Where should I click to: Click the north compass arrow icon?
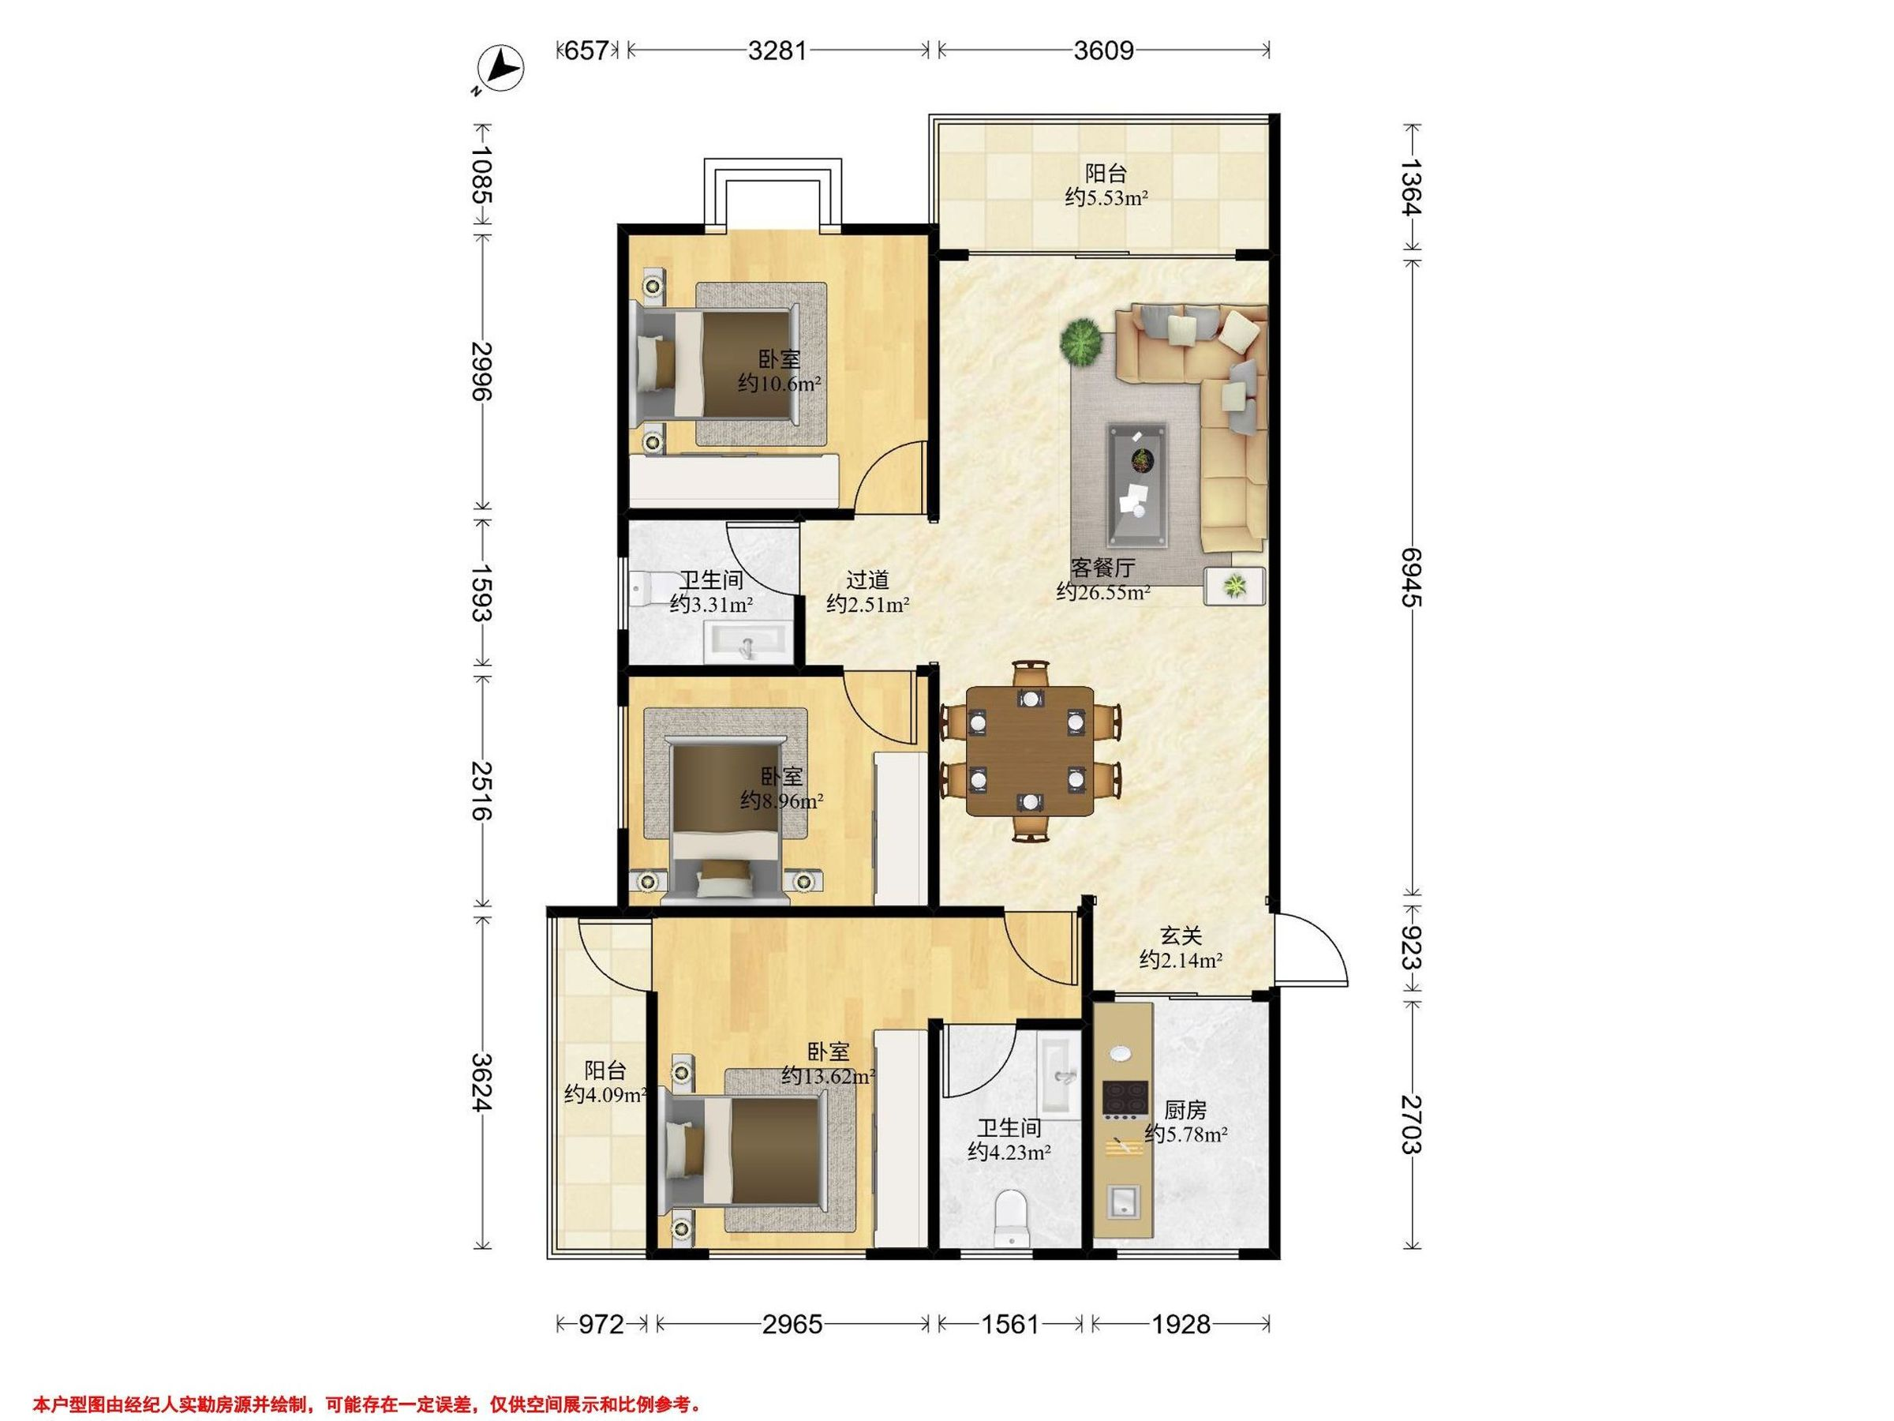[500, 69]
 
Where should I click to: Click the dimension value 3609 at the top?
[1104, 51]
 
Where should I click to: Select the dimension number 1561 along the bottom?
[1009, 1324]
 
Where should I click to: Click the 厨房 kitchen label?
[1186, 1110]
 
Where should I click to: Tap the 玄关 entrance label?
[1181, 936]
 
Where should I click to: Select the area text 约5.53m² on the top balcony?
[1106, 198]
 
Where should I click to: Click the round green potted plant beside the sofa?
[1081, 342]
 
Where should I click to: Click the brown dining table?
[1030, 750]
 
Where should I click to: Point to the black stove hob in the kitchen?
[1125, 1099]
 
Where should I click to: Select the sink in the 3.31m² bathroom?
[745, 643]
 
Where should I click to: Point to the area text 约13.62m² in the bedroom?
[828, 1077]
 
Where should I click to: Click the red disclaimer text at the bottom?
[367, 1404]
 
